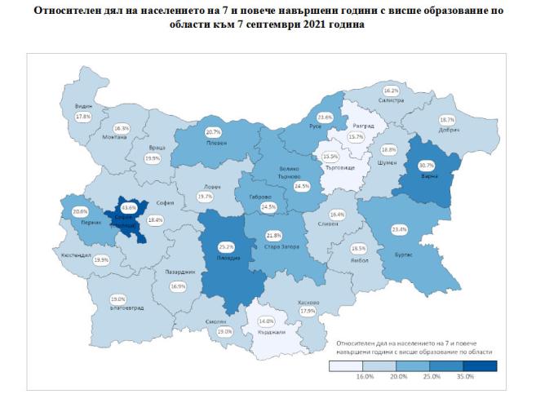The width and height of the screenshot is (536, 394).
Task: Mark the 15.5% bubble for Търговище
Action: coord(330,157)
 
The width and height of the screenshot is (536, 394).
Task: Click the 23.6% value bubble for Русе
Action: coord(326,117)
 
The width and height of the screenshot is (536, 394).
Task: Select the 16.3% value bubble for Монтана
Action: coord(121,128)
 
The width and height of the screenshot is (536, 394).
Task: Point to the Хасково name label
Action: coord(308,302)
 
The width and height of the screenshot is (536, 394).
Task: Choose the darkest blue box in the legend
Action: coord(486,368)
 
